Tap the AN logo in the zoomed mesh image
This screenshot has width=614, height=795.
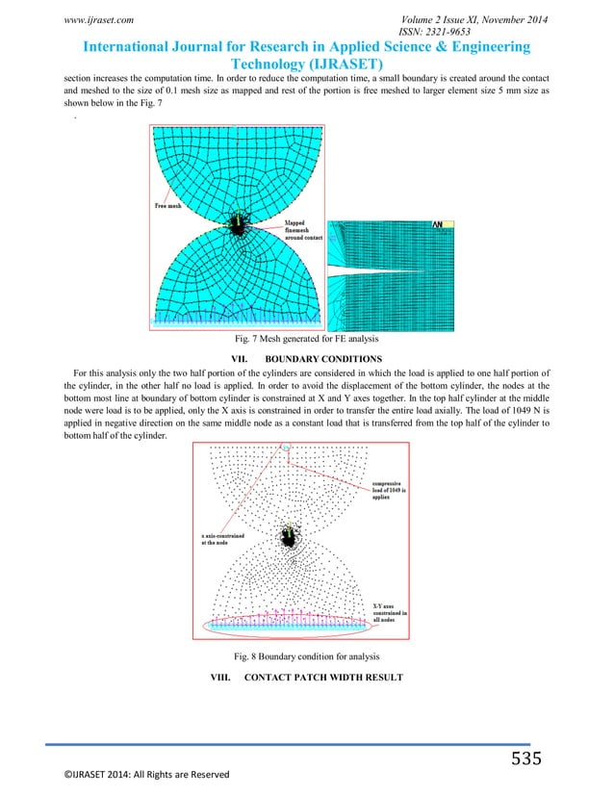(x=438, y=224)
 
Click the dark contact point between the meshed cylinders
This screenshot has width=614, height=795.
(x=237, y=225)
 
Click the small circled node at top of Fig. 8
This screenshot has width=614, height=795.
(x=285, y=448)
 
